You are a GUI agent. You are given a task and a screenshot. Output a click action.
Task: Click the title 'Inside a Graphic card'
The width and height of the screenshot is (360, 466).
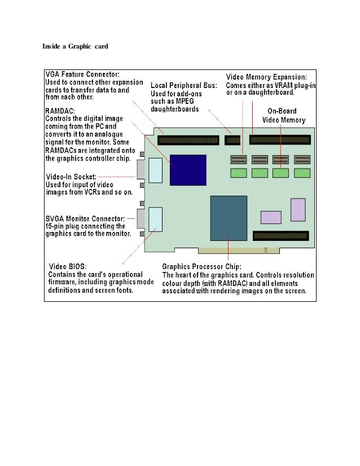pos(75,46)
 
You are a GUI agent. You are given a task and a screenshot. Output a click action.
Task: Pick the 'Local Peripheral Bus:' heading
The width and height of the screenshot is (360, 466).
pos(183,85)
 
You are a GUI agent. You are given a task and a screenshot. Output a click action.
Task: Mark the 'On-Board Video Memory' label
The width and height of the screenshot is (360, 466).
pos(284,116)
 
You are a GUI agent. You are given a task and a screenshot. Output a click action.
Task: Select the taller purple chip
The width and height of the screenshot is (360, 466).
pos(298,209)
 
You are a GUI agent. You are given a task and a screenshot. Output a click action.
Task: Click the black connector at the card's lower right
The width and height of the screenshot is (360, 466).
pos(281,235)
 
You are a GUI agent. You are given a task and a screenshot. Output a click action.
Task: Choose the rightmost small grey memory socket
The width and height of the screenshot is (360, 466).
pos(302,160)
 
